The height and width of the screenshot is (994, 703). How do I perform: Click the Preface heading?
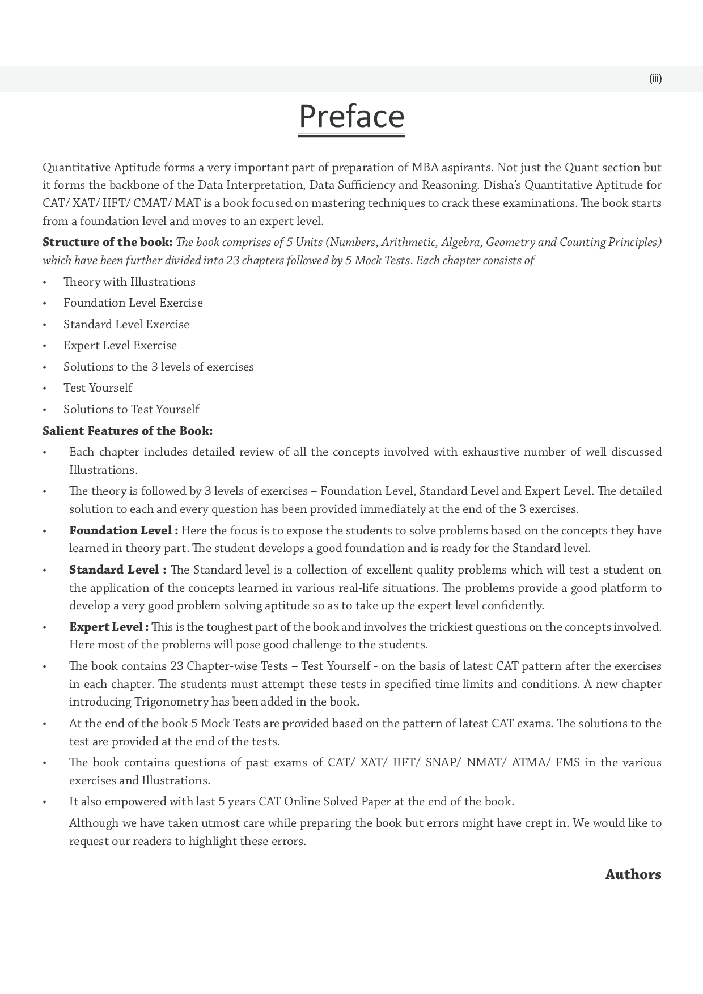(351, 116)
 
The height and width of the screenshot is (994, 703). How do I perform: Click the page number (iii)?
(655, 79)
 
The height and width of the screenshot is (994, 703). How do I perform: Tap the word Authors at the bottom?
(633, 874)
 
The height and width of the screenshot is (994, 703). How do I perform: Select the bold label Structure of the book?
(107, 243)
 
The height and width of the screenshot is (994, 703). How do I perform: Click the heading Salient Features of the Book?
(128, 431)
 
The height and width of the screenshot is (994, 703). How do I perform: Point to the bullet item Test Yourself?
(98, 388)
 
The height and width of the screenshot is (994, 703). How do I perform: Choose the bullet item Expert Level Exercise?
(120, 345)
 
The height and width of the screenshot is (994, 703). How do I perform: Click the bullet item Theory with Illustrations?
(129, 282)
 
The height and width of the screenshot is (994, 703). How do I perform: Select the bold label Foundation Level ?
(123, 530)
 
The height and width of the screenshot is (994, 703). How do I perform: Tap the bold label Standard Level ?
(117, 570)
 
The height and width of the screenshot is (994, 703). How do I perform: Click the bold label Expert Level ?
(109, 627)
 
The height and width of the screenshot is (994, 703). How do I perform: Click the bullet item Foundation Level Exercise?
(133, 303)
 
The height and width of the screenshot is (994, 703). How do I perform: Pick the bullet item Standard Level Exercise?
(126, 324)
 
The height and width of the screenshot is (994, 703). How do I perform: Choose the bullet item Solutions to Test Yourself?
(131, 409)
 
